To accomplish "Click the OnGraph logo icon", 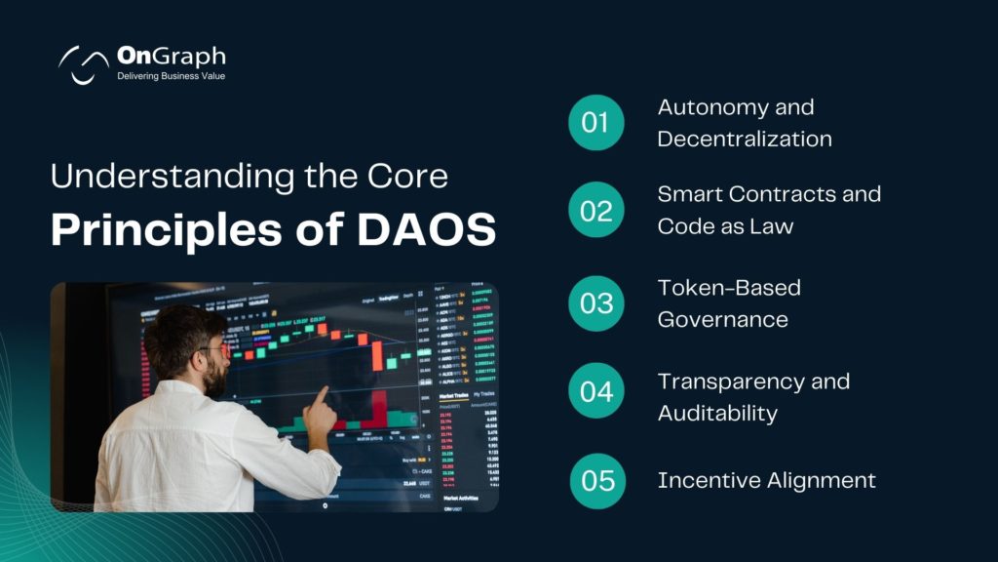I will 83,64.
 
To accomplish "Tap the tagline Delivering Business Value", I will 171,76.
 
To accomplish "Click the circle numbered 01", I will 595,123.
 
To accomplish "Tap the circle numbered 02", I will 595,210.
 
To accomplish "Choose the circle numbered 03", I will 595,302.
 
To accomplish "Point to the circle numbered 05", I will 596,481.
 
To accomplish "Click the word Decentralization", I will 745,139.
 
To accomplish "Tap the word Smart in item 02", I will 691,193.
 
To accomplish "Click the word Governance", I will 722,319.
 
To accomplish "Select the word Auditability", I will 717,413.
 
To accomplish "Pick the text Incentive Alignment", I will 766,480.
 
